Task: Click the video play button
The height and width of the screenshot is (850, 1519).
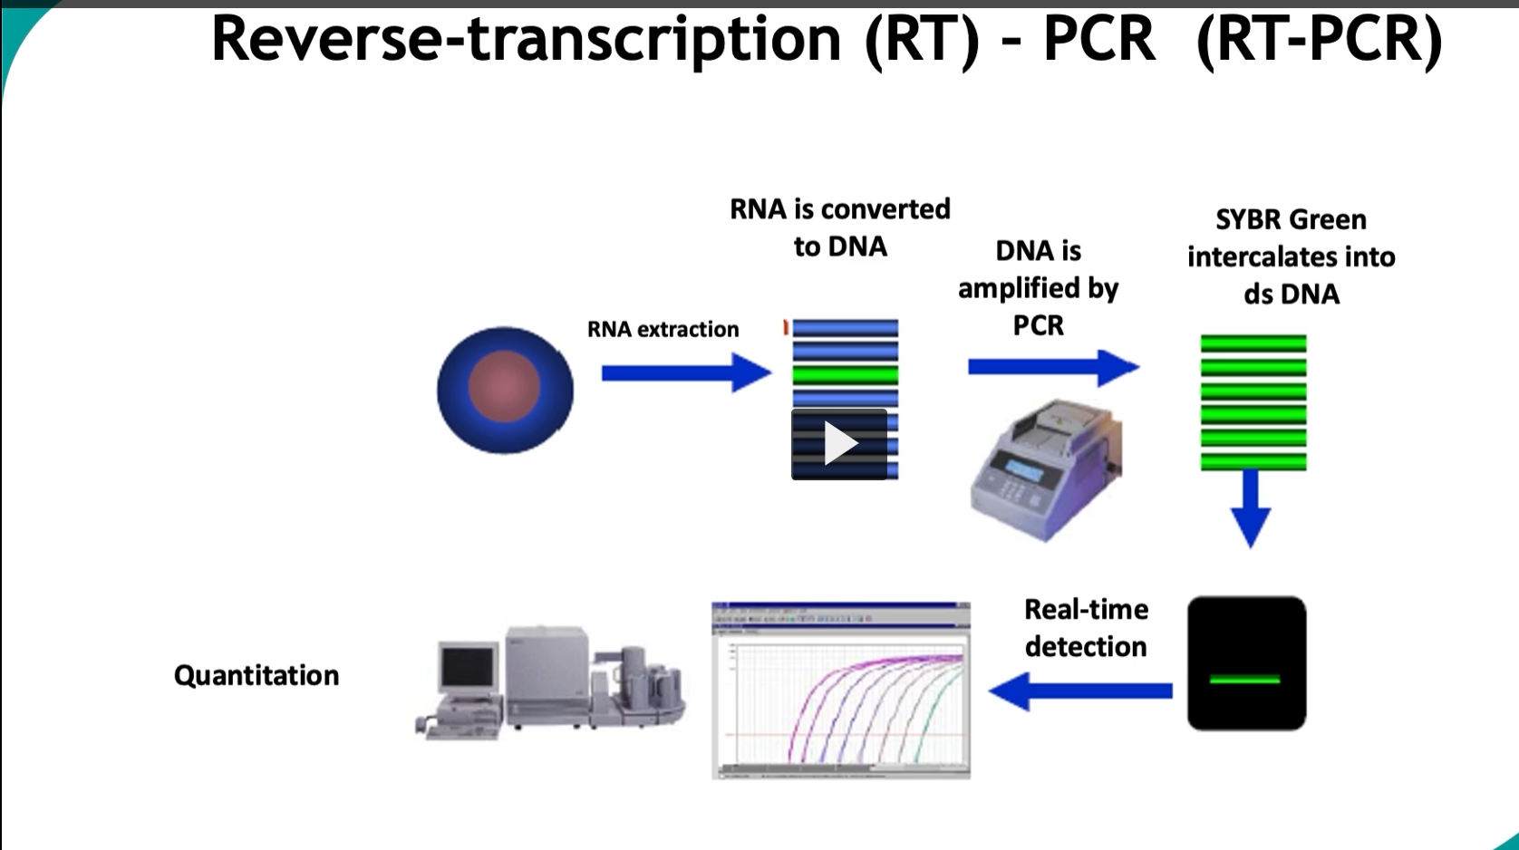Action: tap(839, 444)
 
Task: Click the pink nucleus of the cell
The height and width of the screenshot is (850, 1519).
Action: tap(504, 386)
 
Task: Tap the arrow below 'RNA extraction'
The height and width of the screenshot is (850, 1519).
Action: tap(685, 372)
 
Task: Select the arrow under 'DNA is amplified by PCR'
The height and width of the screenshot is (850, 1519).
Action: tap(1051, 367)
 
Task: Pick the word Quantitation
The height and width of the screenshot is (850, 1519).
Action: tap(256, 676)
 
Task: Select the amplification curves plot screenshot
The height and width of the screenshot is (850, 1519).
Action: tap(841, 691)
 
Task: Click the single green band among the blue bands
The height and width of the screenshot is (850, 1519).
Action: tap(845, 374)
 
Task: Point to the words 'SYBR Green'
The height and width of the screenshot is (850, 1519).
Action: tap(1291, 220)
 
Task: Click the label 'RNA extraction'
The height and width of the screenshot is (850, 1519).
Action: tap(663, 330)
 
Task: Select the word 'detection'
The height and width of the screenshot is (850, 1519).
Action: tap(1085, 647)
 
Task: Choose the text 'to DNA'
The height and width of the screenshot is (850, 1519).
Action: tap(839, 247)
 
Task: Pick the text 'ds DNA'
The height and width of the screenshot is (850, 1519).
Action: tap(1291, 295)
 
